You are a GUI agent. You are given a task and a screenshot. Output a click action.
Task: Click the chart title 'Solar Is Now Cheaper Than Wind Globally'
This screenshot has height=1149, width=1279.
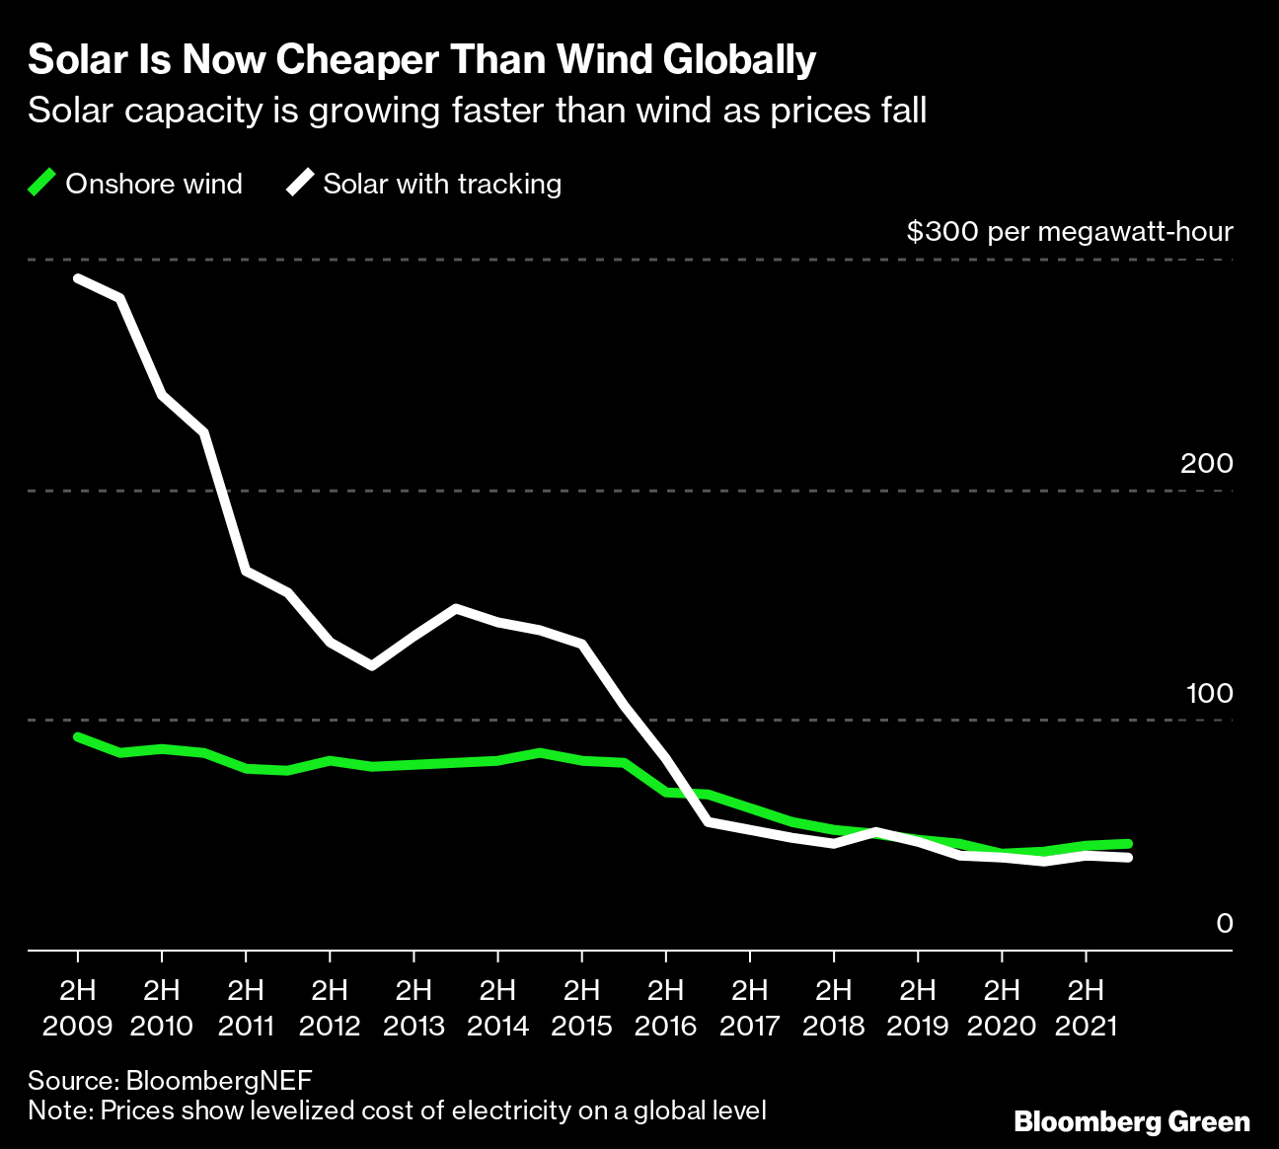point(421,61)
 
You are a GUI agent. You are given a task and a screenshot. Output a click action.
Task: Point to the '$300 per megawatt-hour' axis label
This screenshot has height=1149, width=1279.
point(1070,232)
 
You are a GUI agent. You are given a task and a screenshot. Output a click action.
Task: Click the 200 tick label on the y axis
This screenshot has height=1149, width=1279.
point(1206,463)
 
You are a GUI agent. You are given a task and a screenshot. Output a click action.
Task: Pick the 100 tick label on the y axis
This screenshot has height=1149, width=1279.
point(1209,693)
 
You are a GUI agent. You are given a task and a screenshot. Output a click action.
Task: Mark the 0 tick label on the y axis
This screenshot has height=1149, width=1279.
point(1224,923)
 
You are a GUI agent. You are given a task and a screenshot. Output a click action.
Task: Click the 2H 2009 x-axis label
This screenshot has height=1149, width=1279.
point(78,1007)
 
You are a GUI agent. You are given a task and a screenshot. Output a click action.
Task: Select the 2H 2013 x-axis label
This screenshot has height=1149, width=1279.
point(414,1007)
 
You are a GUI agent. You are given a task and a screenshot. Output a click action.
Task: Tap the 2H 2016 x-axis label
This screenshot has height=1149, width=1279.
point(666,1007)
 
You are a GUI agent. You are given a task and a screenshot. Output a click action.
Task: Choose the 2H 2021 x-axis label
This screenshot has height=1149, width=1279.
point(1086,1007)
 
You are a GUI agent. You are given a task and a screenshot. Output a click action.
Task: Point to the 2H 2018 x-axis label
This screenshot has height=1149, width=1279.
point(834,1007)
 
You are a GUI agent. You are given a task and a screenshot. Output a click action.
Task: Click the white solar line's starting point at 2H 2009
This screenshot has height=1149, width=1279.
point(78,278)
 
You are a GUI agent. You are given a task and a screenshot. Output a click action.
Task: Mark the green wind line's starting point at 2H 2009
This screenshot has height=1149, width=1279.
point(78,736)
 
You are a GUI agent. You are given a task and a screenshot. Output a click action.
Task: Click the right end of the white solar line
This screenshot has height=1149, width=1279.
point(1128,858)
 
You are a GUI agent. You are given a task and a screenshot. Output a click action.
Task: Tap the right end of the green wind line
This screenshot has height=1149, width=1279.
point(1128,843)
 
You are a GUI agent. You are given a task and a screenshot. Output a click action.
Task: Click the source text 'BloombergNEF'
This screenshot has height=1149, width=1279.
point(219,1079)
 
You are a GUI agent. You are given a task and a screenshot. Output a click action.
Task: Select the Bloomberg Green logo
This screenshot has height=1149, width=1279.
point(1132,1122)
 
